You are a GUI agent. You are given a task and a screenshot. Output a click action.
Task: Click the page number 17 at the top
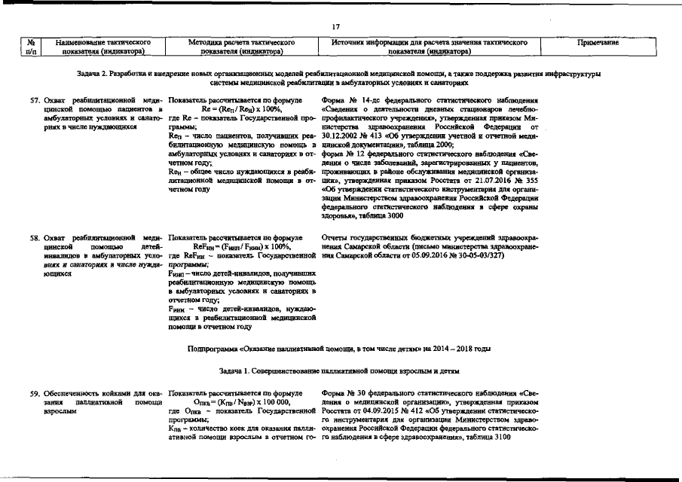click(x=336, y=27)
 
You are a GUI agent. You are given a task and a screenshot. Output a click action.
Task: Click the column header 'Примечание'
click(x=598, y=43)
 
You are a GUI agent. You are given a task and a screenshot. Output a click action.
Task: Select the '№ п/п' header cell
click(x=26, y=47)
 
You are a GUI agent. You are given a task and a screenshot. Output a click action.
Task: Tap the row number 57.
click(x=34, y=100)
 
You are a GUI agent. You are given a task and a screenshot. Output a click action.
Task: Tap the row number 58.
click(x=34, y=238)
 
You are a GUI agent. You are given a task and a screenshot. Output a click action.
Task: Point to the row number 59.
click(x=34, y=393)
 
